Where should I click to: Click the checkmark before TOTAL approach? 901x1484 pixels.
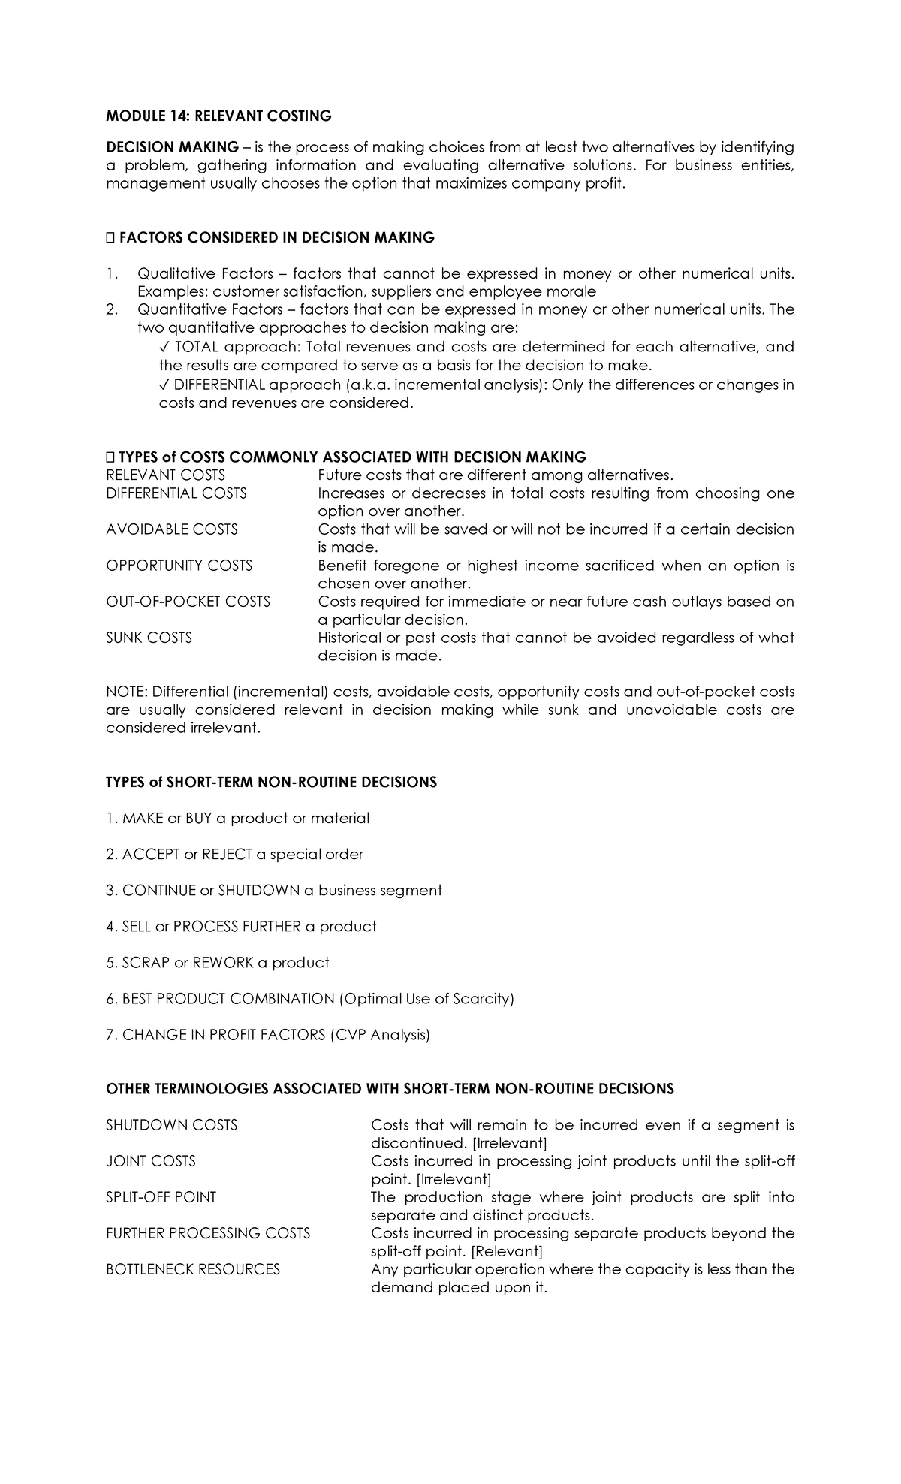(164, 347)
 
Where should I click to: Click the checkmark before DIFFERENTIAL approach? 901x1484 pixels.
(164, 385)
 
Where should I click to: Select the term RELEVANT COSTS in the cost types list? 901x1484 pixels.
(165, 475)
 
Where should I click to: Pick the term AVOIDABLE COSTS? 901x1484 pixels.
(172, 529)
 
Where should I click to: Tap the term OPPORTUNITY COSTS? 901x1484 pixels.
(179, 566)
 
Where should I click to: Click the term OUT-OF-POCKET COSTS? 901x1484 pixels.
(188, 602)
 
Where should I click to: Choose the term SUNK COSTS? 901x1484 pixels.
(149, 638)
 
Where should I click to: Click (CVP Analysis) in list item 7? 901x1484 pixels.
(380, 1035)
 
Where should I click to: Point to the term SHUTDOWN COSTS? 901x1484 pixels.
(171, 1125)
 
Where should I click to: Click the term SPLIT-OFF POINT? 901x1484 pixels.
(161, 1197)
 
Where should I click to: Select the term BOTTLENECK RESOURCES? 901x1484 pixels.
(193, 1269)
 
